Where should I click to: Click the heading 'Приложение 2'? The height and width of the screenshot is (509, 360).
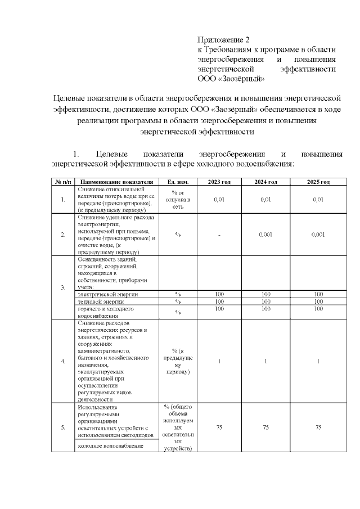223,40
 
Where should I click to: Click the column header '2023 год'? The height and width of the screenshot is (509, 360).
219,182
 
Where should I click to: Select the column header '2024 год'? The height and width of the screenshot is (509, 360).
265,182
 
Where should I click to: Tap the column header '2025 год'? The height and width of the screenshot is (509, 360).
318,182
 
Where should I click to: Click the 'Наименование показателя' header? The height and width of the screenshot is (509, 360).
116,182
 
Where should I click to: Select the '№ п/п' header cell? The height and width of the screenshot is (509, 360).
62,182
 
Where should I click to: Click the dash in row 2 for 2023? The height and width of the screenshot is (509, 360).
219,235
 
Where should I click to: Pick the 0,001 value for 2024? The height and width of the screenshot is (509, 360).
265,235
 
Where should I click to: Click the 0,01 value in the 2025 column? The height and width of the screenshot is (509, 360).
318,200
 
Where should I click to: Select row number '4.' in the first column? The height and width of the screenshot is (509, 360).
62,361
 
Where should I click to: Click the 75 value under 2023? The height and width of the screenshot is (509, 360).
219,427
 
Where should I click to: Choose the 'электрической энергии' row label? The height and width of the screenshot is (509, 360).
107,294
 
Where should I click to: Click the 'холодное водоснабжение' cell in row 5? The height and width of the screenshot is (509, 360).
111,446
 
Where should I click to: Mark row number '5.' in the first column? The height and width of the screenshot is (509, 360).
62,427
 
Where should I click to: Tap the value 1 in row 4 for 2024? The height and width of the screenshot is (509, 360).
265,361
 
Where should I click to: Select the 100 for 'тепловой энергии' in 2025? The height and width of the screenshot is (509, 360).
318,301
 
